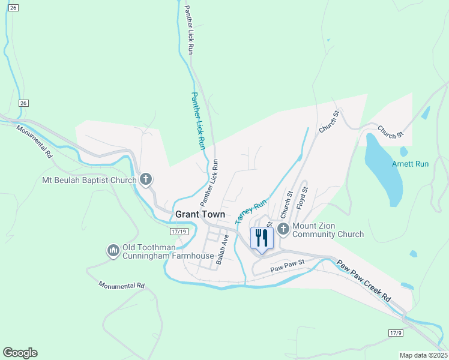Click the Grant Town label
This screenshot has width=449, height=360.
tap(200, 214)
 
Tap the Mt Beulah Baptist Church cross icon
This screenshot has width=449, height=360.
tap(146, 179)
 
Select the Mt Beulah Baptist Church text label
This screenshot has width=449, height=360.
tap(89, 179)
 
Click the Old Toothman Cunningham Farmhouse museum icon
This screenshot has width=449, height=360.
tap(113, 250)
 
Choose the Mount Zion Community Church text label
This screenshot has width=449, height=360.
tap(328, 230)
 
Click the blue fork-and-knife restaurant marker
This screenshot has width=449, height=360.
tap(262, 238)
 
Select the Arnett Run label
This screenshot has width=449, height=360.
tap(411, 164)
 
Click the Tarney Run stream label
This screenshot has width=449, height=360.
tap(250, 212)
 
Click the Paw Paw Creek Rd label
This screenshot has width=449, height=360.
tap(363, 281)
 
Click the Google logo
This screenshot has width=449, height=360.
tap(20, 353)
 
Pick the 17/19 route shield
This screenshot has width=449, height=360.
tap(179, 231)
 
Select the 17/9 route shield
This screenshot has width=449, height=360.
tap(394, 332)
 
